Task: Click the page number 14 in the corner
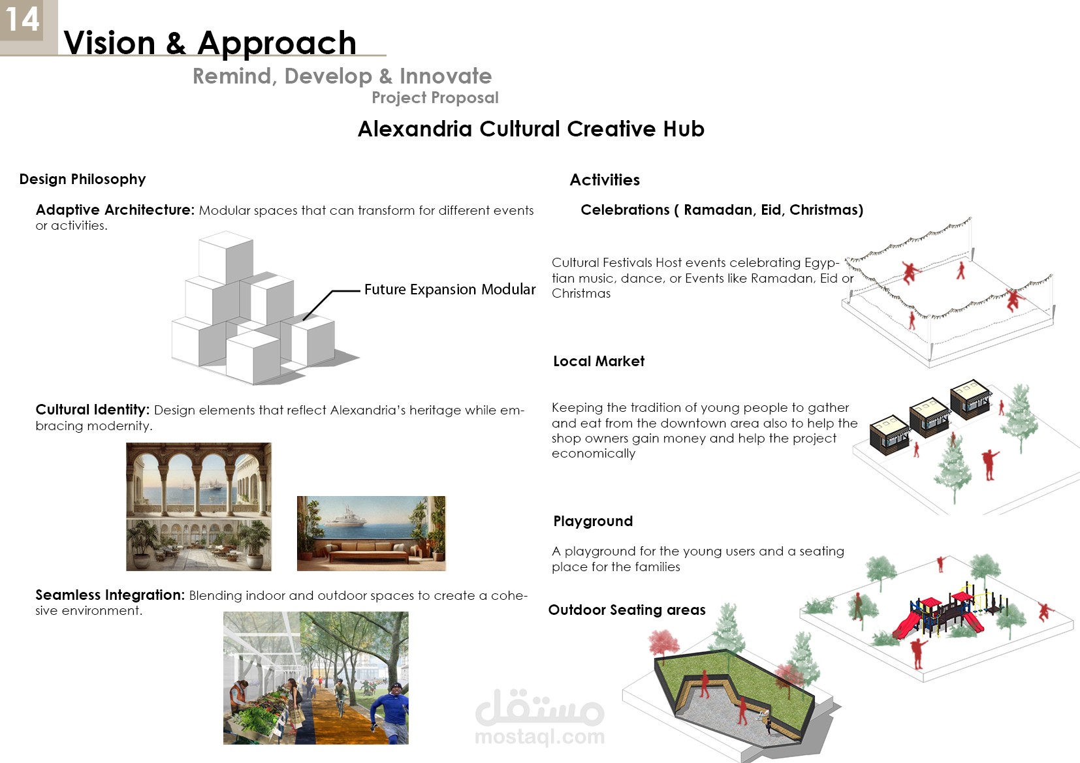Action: [22, 20]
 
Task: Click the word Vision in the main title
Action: [110, 43]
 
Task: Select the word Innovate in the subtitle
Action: [445, 76]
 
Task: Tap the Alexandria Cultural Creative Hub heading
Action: [531, 129]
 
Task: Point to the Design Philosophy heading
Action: [82, 179]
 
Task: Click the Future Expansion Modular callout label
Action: [450, 289]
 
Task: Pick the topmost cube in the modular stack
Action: [226, 257]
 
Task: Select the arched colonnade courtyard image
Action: [199, 506]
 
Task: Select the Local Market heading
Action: [599, 361]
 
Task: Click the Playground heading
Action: [593, 521]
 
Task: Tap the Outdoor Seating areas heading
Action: [627, 610]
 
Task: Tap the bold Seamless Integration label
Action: [110, 595]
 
